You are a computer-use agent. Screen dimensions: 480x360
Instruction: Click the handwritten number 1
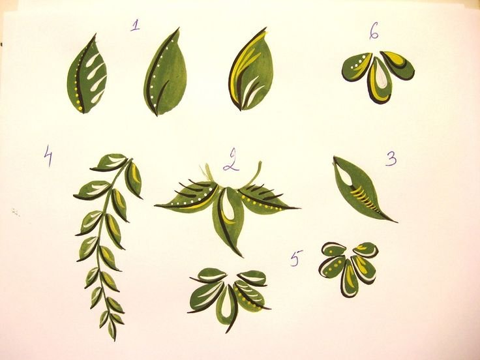click(135, 25)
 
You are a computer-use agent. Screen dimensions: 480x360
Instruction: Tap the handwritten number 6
click(374, 31)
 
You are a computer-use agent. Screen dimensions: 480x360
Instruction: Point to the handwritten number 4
click(48, 155)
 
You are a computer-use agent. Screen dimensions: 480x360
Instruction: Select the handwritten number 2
click(232, 160)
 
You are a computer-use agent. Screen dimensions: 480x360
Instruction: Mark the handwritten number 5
click(295, 258)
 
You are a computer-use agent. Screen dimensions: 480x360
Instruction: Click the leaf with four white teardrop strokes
click(87, 74)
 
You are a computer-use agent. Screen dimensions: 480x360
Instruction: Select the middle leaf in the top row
click(165, 72)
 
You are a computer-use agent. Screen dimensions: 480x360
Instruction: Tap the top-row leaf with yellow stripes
click(250, 69)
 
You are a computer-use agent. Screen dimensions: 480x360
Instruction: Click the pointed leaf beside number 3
click(361, 190)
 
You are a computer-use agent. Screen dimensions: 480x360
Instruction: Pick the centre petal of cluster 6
click(379, 80)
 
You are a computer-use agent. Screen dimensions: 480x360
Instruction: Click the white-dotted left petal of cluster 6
click(357, 67)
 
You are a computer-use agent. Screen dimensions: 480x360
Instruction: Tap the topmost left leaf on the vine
click(109, 162)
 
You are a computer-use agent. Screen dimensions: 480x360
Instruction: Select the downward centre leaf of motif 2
click(228, 220)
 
